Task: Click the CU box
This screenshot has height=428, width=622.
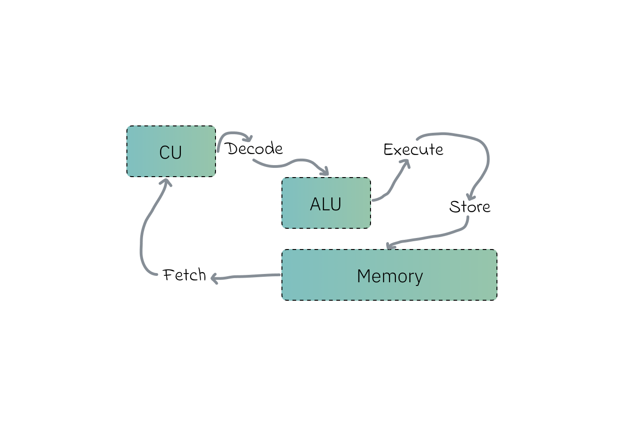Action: [171, 151]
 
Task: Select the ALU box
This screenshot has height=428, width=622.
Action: [326, 203]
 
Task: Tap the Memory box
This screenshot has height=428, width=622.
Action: [389, 275]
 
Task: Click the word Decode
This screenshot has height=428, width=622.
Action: [254, 149]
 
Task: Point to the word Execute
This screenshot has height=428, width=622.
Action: [413, 149]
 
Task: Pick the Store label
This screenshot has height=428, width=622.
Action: [470, 207]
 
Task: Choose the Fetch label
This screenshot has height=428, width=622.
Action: [185, 275]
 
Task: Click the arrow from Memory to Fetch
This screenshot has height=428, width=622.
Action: [247, 276]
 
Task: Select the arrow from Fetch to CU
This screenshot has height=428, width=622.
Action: [143, 231]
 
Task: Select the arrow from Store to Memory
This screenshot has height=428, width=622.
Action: [434, 236]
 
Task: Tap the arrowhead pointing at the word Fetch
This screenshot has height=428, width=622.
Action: [215, 278]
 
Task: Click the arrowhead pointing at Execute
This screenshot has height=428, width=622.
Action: [406, 163]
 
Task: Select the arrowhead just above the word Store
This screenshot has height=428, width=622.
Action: [470, 196]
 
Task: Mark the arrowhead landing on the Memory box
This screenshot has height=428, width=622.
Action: [390, 246]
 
